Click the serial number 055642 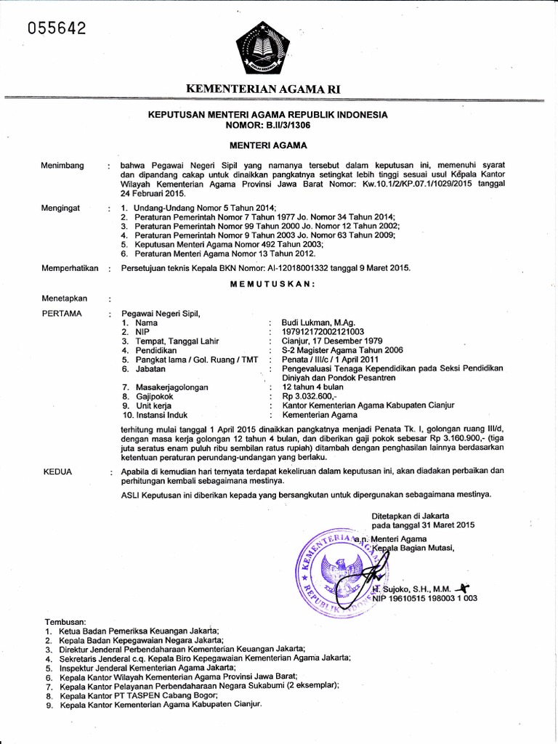pos(57,28)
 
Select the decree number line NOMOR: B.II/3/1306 pos(268,124)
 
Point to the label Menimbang pos(63,166)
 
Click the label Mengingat pos(62,208)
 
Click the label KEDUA pos(58,472)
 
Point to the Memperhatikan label pos(70,268)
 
